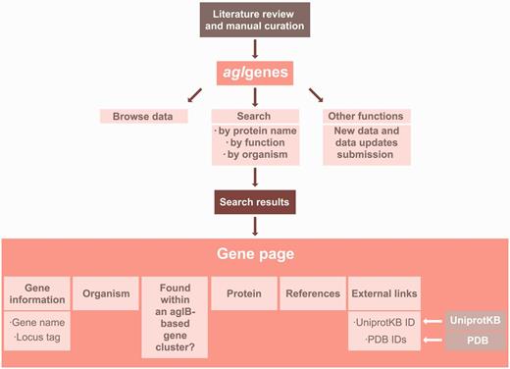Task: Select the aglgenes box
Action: [x=254, y=72]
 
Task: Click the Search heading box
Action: [x=254, y=117]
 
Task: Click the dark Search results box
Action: [x=254, y=202]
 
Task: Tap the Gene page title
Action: [x=254, y=253]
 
